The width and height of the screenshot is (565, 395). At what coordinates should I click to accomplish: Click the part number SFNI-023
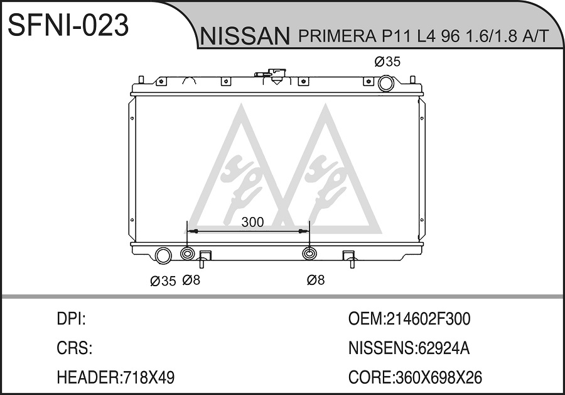[x=68, y=25]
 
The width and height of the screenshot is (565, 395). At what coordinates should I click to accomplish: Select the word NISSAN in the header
[x=245, y=36]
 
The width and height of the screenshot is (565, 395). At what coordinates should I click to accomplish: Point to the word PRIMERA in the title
[x=335, y=36]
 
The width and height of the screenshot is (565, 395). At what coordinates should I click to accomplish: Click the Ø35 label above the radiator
[x=387, y=62]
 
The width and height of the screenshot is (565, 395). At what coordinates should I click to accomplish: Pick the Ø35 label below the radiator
[x=163, y=281]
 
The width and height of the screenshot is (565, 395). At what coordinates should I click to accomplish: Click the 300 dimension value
[x=252, y=222]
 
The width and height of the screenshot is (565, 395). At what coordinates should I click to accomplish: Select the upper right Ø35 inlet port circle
[x=386, y=83]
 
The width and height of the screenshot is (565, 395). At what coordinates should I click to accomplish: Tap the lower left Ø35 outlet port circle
[x=163, y=255]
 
